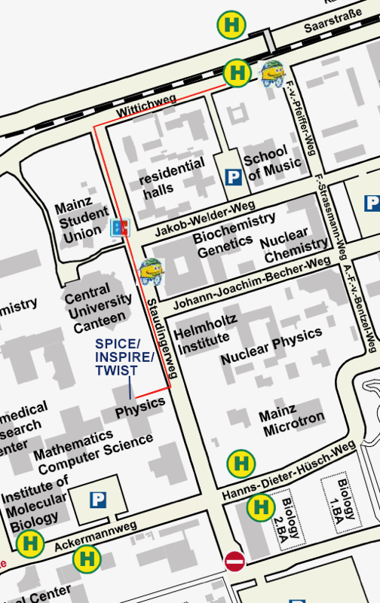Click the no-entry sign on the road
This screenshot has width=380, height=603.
click(234, 561)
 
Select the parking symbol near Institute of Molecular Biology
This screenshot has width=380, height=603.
click(97, 500)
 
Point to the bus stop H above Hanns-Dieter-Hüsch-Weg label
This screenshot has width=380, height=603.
click(241, 462)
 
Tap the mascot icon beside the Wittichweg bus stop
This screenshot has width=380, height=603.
click(271, 72)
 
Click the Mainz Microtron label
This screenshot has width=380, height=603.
click(292, 423)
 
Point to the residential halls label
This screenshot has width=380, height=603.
click(173, 176)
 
